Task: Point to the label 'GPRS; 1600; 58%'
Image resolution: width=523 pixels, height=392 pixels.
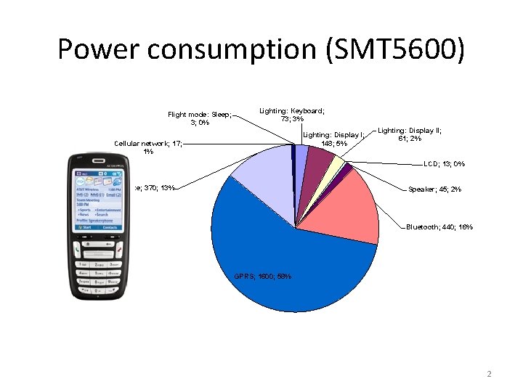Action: (263, 276)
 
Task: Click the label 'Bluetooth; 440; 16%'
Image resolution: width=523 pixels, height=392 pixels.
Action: (439, 227)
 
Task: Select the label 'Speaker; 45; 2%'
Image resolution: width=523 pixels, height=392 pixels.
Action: (434, 189)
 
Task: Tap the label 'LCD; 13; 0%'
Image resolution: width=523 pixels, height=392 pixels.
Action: (445, 163)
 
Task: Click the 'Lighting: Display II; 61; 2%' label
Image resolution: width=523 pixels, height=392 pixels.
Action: (410, 134)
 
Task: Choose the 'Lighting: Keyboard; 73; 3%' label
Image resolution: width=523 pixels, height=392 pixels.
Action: (292, 115)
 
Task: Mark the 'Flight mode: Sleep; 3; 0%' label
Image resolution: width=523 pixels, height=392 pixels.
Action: (199, 118)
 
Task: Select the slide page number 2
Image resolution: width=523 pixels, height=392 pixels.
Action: (489, 375)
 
